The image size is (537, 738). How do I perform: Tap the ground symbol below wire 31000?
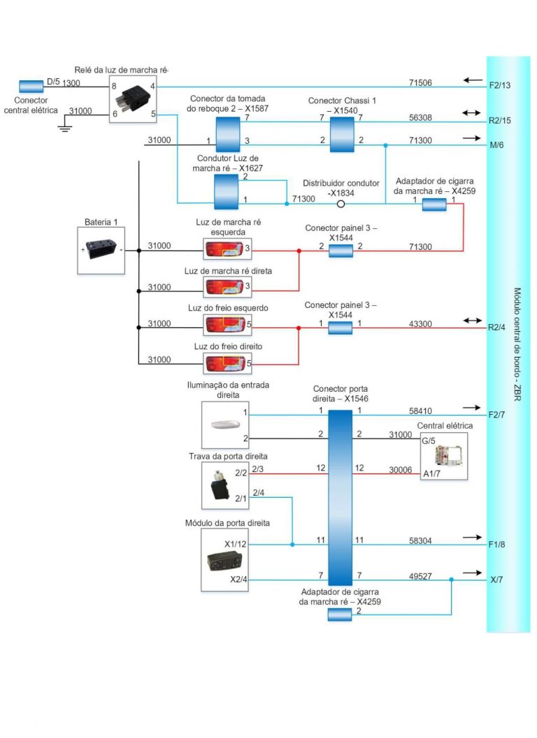pyautogui.click(x=64, y=128)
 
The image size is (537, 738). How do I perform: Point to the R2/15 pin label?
pyautogui.click(x=500, y=119)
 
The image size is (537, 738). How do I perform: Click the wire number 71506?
pyautogui.click(x=420, y=83)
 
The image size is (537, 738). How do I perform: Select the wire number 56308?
pyautogui.click(x=420, y=118)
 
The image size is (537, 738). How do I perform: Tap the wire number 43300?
pyautogui.click(x=420, y=323)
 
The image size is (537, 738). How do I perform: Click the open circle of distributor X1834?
pyautogui.click(x=341, y=205)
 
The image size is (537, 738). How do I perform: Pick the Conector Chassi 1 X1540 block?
pyautogui.click(x=341, y=134)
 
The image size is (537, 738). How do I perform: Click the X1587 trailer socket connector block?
pyautogui.click(x=227, y=134)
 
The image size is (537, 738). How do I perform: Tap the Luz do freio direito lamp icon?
pyautogui.click(x=223, y=363)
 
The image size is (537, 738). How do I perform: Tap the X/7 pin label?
pyautogui.click(x=495, y=580)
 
